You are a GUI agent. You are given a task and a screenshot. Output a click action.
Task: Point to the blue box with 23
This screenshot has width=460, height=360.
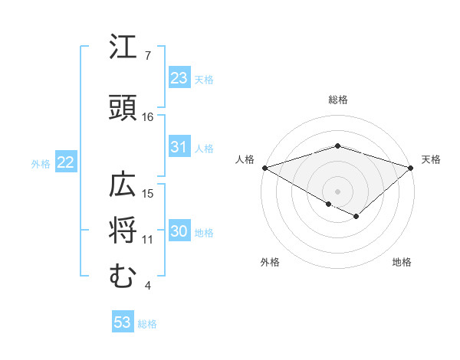pos(179,77)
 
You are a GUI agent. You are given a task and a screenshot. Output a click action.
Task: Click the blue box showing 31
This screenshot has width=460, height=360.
pos(179,147)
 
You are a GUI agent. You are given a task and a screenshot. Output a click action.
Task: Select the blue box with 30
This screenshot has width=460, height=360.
pos(179,231)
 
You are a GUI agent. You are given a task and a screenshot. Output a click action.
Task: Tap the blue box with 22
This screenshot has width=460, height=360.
pos(65,162)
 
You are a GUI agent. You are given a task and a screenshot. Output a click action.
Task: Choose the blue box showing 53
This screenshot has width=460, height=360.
pos(123,322)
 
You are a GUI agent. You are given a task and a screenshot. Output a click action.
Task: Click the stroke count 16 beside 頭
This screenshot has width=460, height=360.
pos(147,117)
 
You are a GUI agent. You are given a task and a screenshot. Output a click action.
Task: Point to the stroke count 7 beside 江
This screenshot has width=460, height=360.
pos(147,56)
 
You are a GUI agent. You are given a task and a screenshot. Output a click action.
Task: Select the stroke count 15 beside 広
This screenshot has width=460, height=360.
pos(147,193)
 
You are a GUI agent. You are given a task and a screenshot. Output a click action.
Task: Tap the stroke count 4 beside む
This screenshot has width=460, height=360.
pos(147,286)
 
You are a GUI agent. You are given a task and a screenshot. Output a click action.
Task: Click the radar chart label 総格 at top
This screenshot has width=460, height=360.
pos(337,100)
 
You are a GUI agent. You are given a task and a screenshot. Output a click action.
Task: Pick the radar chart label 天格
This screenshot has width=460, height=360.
pos(431,159)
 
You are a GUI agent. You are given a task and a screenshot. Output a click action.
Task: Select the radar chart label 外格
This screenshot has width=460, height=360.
pos(270,262)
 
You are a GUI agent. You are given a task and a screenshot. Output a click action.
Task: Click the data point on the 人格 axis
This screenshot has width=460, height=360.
pos(264,167)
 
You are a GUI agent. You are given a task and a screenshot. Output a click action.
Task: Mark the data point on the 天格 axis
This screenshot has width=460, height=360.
pos(411,167)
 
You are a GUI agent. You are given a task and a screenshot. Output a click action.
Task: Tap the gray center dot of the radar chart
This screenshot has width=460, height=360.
pos(337,191)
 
